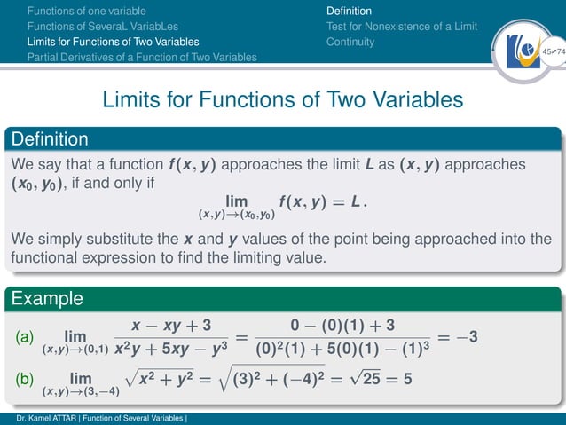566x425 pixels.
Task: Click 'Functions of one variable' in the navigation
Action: click(86, 11)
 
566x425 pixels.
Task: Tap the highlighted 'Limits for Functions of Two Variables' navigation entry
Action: click(113, 42)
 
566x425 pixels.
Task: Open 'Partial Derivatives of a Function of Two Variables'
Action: click(142, 57)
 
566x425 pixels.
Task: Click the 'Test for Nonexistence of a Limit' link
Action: click(402, 27)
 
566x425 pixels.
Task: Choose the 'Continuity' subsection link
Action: click(350, 42)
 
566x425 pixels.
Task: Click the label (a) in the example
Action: click(25, 337)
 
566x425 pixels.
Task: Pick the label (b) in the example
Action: click(25, 379)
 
